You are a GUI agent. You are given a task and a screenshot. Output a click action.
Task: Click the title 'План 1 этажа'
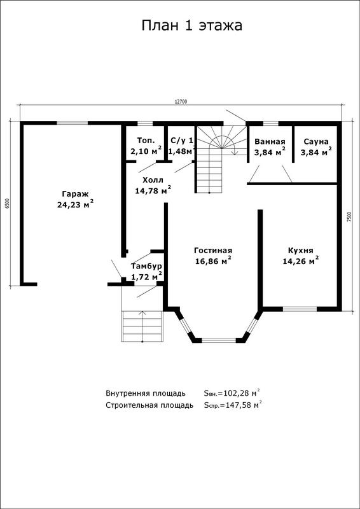[192, 26]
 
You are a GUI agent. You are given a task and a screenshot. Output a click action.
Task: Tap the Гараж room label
[75, 194]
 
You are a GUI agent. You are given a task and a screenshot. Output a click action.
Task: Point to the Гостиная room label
[213, 251]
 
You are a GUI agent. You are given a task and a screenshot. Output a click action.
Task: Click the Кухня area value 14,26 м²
[301, 261]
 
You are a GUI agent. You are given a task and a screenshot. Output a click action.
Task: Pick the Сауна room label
[316, 141]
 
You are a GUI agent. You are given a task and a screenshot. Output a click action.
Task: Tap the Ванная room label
[270, 141]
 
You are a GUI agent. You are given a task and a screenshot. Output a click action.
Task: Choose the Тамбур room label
[146, 267]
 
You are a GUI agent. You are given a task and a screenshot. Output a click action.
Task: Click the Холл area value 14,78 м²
[153, 190]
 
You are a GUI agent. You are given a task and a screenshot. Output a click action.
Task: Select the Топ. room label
[146, 141]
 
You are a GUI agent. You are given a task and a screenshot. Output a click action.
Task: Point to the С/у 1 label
[182, 141]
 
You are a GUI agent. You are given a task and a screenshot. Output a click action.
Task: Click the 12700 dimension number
[181, 102]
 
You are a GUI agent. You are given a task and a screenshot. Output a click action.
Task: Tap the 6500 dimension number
[8, 203]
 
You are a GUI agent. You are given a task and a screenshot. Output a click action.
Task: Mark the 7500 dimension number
[349, 216]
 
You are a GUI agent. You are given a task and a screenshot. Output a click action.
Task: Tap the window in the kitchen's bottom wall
[300, 309]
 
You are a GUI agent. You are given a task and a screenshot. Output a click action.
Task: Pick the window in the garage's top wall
[72, 123]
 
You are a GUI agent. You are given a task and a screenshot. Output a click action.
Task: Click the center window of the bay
[219, 340]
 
